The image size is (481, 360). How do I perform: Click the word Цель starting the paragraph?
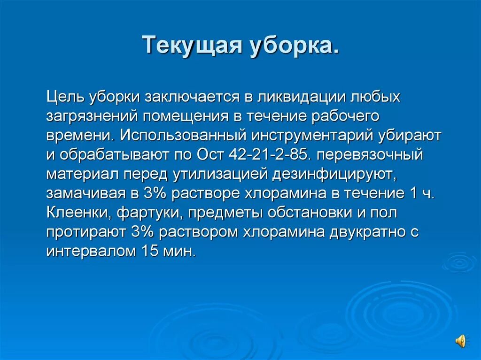(64, 97)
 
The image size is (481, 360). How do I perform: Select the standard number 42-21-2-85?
(266, 154)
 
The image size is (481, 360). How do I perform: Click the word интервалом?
(91, 251)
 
